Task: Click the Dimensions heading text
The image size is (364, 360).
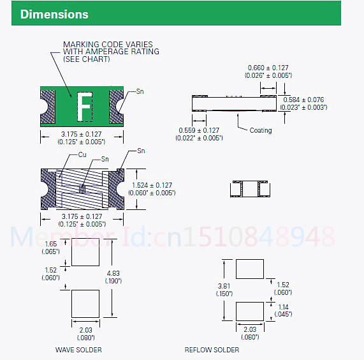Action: (54, 15)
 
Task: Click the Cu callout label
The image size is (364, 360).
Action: (82, 154)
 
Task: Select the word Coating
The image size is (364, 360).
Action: (261, 130)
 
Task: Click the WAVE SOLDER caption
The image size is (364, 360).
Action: (78, 350)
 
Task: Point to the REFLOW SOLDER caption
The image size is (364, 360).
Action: (212, 350)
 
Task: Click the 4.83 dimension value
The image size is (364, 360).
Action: (113, 273)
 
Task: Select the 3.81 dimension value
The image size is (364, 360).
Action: (224, 286)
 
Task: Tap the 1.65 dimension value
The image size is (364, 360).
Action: (51, 244)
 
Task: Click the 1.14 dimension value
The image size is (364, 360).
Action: (283, 307)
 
